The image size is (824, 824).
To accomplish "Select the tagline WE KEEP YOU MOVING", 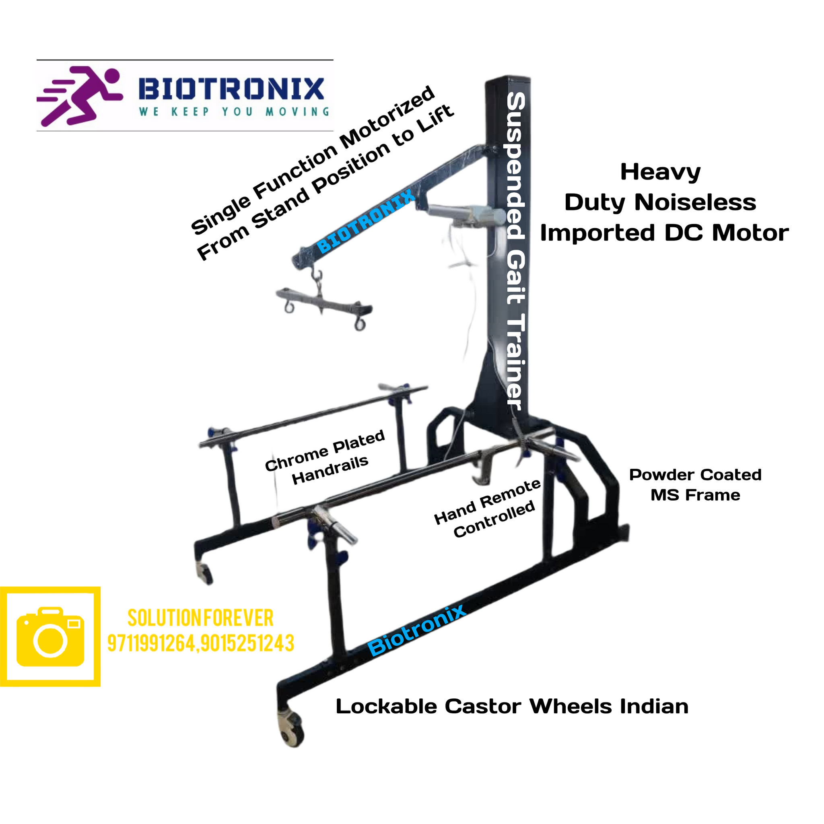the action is [234, 112].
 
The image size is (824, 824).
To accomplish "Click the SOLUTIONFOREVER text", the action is [200, 618].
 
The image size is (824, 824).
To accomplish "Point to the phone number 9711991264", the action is [151, 644].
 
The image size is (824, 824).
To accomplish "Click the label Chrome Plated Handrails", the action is [325, 457].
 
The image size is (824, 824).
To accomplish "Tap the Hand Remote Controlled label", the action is [488, 508].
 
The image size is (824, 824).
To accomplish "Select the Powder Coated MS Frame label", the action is [695, 485].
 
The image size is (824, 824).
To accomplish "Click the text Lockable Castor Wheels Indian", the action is [512, 707].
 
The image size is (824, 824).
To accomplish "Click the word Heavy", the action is [660, 172].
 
